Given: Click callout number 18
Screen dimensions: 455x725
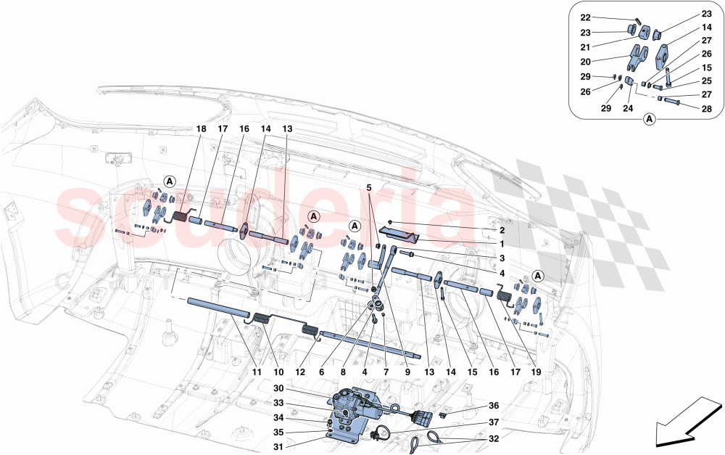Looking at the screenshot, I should [x=201, y=128].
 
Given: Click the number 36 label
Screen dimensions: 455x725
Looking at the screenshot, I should [x=494, y=406].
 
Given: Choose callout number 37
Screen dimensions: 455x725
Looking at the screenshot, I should [x=494, y=423].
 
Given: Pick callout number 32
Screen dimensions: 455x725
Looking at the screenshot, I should [x=494, y=439].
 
